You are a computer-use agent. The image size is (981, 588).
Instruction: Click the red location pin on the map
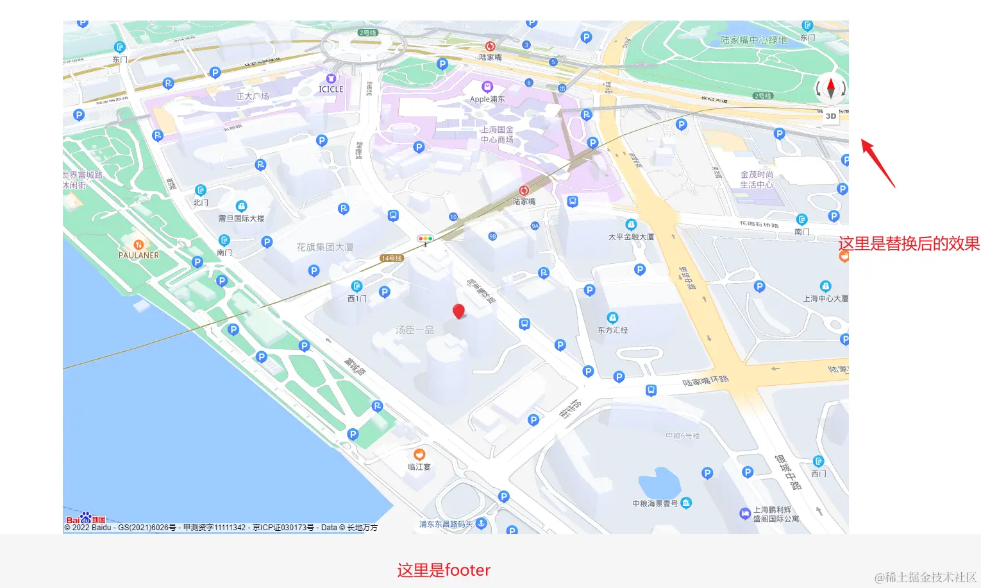tap(458, 311)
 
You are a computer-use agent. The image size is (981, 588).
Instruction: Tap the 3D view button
tap(831, 116)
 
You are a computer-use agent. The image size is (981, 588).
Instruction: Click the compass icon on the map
tap(831, 88)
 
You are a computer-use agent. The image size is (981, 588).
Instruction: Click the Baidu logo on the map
tap(85, 518)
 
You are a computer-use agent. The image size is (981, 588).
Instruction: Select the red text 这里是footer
tap(444, 570)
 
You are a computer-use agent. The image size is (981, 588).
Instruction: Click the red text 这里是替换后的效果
tap(909, 244)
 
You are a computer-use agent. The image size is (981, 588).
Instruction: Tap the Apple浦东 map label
tap(487, 99)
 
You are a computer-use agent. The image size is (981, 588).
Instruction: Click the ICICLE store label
tap(331, 89)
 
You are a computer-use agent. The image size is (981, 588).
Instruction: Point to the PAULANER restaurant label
tap(138, 255)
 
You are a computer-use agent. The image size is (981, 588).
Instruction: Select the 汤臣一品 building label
tap(415, 330)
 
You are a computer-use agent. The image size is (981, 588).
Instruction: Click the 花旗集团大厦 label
tap(325, 247)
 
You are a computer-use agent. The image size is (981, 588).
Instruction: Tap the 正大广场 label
tap(253, 96)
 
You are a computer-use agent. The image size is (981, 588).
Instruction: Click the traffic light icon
tap(425, 239)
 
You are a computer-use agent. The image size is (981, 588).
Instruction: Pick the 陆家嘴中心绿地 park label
tap(753, 40)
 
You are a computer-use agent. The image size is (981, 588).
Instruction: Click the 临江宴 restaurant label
tap(419, 467)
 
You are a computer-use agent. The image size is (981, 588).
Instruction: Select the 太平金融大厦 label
tap(631, 237)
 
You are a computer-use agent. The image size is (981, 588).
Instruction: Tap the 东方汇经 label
tap(613, 330)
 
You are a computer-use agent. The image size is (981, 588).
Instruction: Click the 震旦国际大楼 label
tap(241, 218)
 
